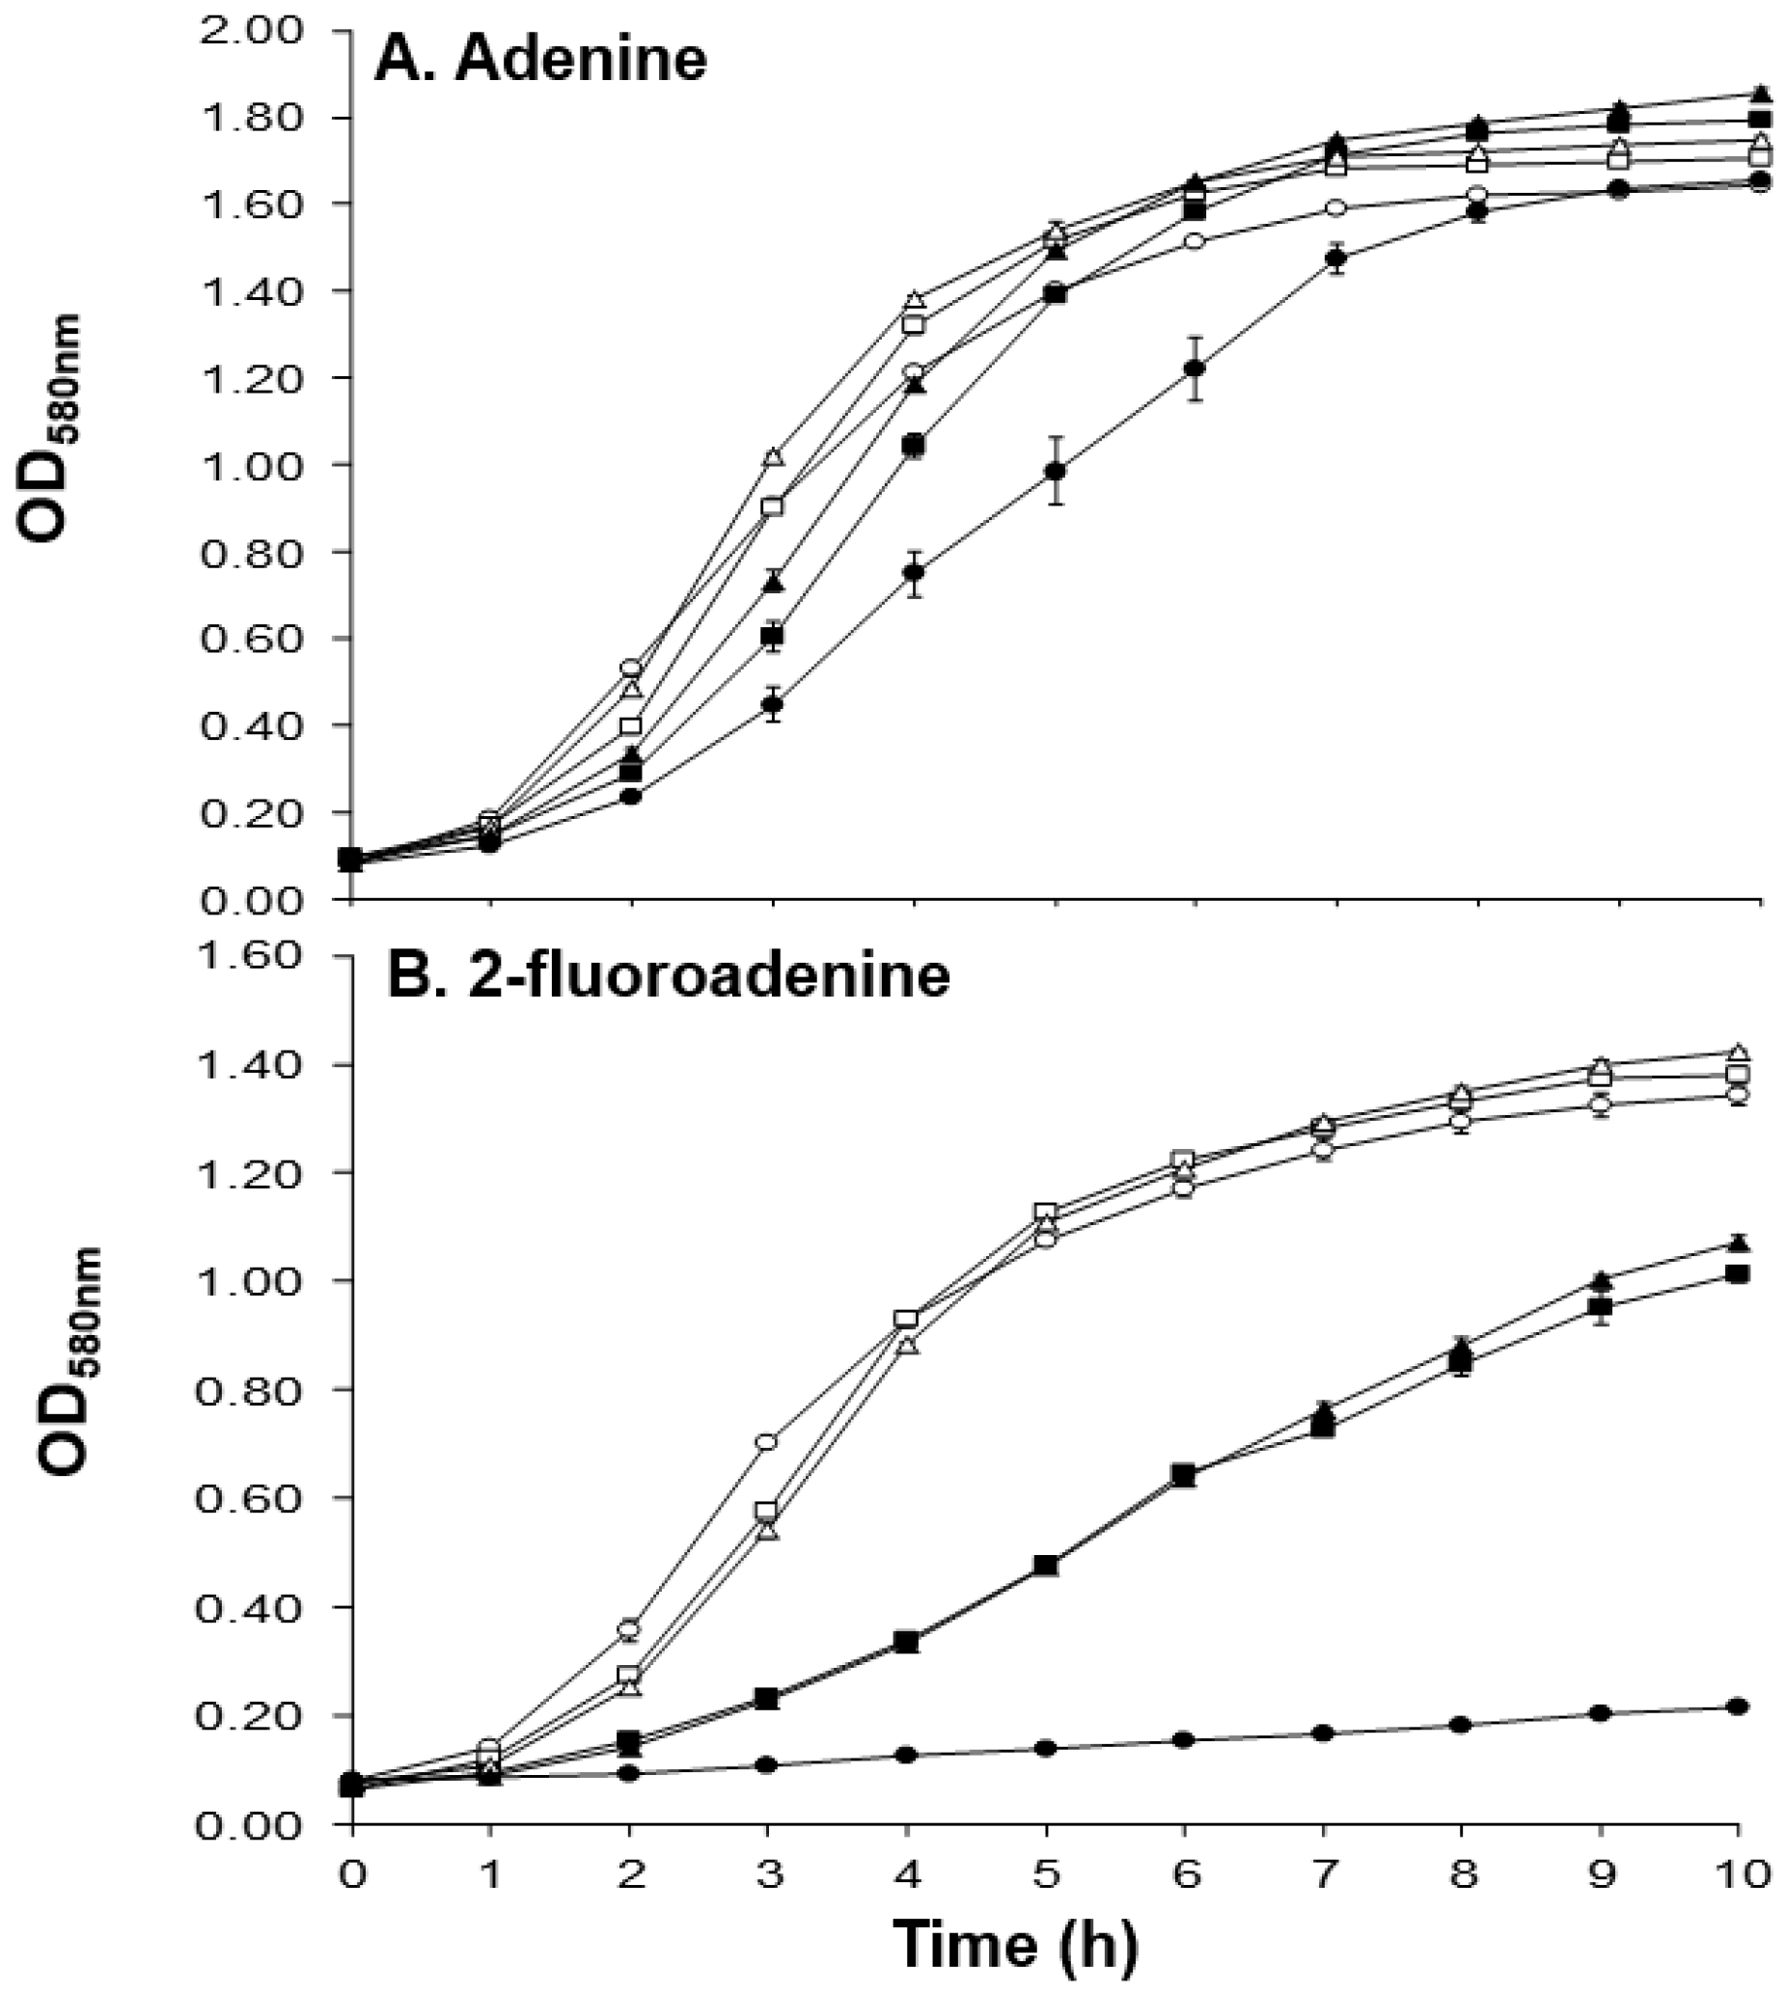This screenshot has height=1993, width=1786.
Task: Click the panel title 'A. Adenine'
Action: coord(540,61)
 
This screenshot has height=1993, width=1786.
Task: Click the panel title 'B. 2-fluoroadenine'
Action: coord(669,976)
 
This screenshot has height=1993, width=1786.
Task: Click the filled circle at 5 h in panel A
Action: coord(1055,472)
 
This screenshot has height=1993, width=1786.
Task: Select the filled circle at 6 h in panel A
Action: coord(1195,368)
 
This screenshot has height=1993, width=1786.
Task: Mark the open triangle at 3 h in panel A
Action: coord(773,457)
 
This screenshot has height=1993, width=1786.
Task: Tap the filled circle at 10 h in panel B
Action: coord(1738,1734)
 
